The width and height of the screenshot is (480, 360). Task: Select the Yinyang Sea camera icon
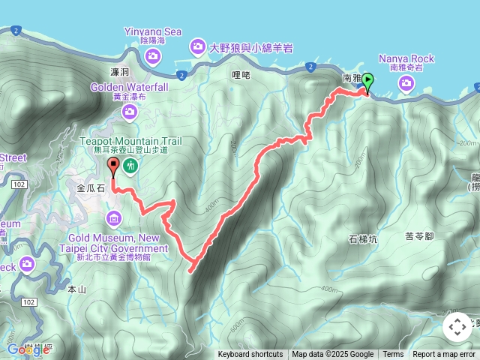152,57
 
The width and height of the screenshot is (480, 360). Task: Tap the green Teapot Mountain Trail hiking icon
130,165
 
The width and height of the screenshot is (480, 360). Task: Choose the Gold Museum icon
113,218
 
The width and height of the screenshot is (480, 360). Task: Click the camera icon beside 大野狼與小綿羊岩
198,47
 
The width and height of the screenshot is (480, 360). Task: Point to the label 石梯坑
363,239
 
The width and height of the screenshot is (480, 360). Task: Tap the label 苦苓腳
420,236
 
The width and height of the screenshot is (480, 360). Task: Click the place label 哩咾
240,75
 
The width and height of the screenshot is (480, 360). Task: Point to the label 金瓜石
91,188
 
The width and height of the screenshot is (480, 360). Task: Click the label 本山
77,288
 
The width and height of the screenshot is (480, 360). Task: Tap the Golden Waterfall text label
130,87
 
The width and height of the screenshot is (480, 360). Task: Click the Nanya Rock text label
406,58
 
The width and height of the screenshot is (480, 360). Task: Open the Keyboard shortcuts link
250,355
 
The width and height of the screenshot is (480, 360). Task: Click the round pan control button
457,328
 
